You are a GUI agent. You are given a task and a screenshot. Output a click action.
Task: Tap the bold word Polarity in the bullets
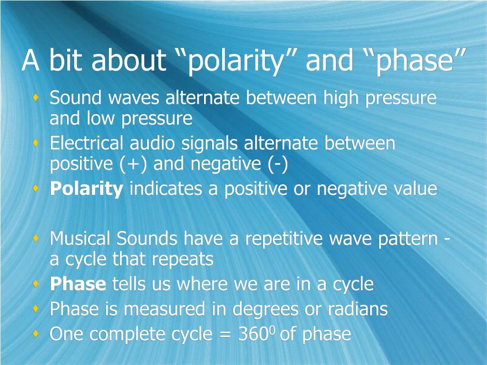(x=87, y=189)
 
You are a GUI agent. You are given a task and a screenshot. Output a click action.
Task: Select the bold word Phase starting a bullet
(x=78, y=285)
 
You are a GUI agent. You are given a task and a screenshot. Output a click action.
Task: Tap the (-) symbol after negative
(x=277, y=164)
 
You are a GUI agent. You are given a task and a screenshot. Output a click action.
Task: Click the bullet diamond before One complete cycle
(x=36, y=334)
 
